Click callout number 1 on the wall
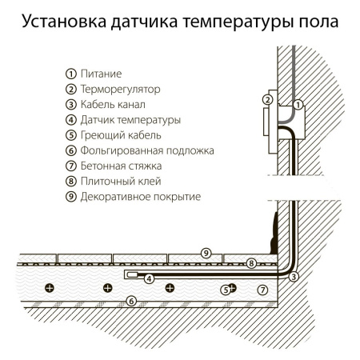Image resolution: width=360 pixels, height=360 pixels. click(x=298, y=105)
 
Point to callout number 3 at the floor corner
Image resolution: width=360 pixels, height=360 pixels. click(x=294, y=277)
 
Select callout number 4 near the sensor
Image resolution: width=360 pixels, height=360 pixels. click(x=149, y=278)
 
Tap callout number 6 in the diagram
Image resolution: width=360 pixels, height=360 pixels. click(x=133, y=301)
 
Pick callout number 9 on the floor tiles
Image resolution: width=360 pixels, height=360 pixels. click(x=206, y=253)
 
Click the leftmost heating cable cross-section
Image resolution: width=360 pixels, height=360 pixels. click(x=49, y=287)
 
